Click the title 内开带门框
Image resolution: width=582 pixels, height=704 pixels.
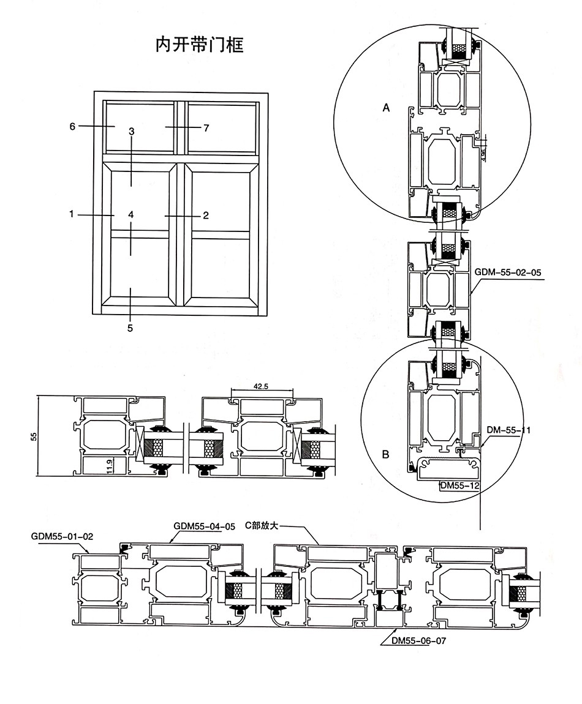coord(199,46)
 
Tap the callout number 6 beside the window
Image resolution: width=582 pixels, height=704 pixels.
coord(72,127)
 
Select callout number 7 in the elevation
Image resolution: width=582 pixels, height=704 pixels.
coord(206,128)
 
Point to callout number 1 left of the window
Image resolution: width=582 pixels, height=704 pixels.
coord(72,214)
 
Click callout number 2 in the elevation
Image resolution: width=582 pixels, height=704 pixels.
coord(206,215)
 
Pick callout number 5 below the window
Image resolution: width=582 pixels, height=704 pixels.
coord(130,328)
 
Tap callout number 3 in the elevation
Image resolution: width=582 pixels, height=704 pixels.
coord(131,132)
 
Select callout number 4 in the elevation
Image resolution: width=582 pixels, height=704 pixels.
coord(131,214)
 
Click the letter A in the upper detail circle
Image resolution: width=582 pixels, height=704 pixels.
coord(386,108)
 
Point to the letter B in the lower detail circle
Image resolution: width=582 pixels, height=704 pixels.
coord(385,455)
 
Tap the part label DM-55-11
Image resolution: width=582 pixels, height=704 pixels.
coord(508,430)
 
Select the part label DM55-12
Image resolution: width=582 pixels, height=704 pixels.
coord(459,486)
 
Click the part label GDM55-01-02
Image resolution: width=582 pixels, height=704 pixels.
coord(62,536)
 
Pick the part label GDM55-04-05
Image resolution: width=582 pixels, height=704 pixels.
coord(205,526)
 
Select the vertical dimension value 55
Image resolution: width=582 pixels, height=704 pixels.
coord(34,436)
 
